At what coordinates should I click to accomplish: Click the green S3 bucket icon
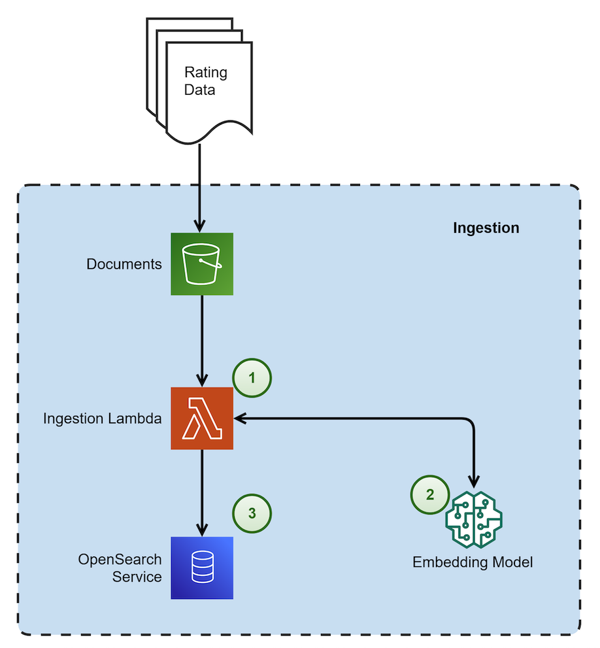point(202,264)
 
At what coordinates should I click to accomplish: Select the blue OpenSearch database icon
point(202,568)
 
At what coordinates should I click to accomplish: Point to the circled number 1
point(252,378)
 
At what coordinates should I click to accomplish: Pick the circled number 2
point(429,494)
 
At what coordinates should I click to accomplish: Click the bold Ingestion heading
point(486,228)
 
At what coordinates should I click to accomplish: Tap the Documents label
point(124,264)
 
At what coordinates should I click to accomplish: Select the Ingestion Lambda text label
point(102,418)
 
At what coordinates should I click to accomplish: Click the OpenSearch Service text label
point(120,568)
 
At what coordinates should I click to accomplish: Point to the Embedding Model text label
point(473,562)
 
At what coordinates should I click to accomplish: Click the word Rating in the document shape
point(205,72)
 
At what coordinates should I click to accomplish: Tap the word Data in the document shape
point(199,90)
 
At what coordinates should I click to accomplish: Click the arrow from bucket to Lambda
point(202,340)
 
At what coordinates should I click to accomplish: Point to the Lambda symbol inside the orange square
point(203,418)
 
